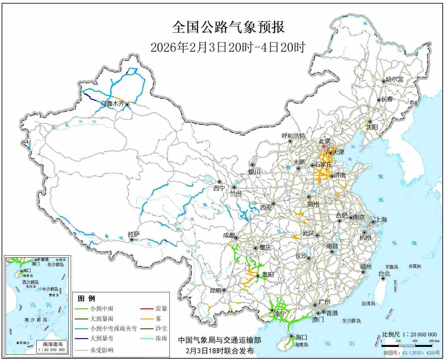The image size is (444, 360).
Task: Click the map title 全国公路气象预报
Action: pos(228,27)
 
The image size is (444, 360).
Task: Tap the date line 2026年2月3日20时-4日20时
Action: pos(228,47)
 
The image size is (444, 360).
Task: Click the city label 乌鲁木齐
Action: pos(112,104)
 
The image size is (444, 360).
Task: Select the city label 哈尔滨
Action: pos(394,79)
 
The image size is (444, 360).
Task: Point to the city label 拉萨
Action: pos(133,234)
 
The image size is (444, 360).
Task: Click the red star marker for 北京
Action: pos(324,147)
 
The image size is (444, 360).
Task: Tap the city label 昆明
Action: pos(215,290)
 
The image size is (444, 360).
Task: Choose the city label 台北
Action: pos(384,274)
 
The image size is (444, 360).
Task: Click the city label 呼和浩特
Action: pos(293,136)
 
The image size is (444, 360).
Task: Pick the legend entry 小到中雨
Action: pos(102,309)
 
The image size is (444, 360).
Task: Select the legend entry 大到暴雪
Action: pos(102,338)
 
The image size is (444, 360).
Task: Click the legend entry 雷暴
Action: pos(161,309)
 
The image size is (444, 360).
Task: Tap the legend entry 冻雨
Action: pos(161,338)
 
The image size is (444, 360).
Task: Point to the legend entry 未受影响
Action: pos(102,350)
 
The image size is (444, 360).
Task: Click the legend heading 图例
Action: pos(86,299)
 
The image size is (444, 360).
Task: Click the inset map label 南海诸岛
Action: pos(53,344)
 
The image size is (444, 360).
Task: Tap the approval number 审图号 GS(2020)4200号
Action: pos(411,353)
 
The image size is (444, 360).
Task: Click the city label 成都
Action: pos(229,235)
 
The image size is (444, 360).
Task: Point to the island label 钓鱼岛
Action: pos(391,267)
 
